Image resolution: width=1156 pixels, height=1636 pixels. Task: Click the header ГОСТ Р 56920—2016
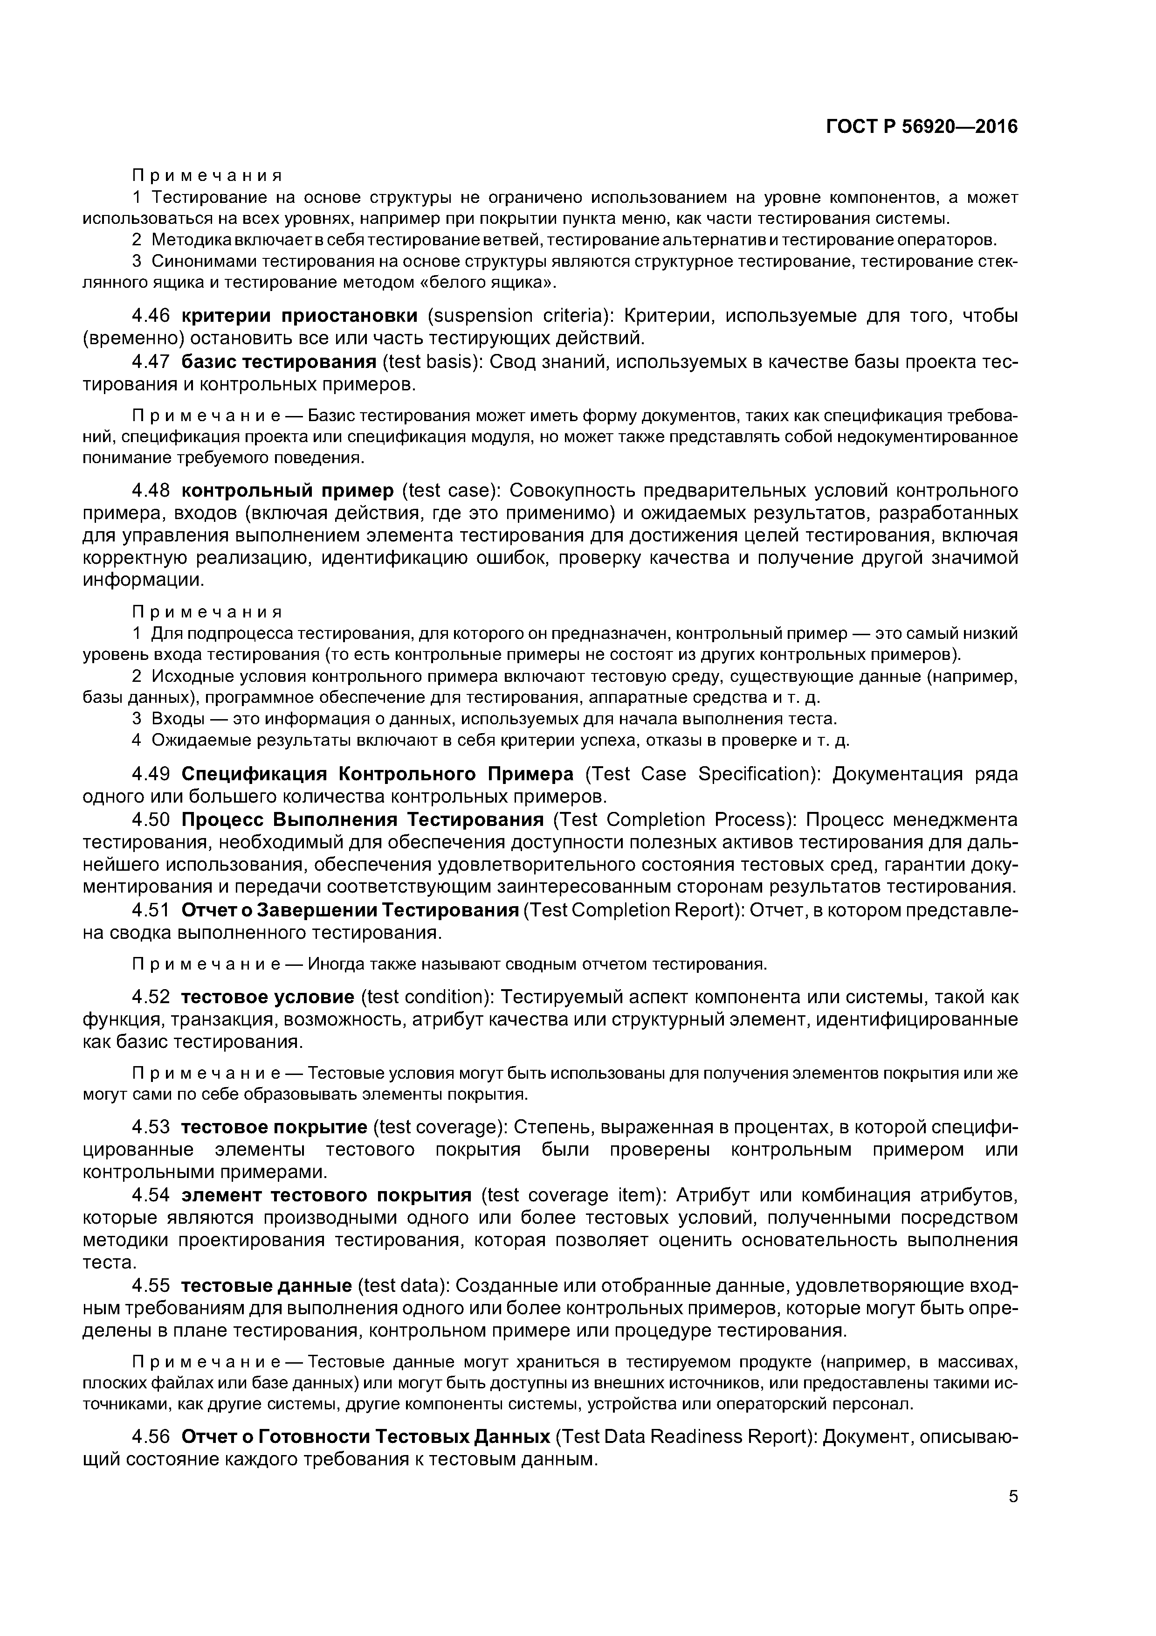pos(922,127)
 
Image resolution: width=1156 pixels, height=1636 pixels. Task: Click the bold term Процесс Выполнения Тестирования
pos(363,820)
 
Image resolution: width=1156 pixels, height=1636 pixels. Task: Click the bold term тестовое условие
pos(267,997)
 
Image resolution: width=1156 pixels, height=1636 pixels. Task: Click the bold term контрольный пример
pos(287,491)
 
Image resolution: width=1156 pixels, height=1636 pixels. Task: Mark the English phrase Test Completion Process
pos(674,820)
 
